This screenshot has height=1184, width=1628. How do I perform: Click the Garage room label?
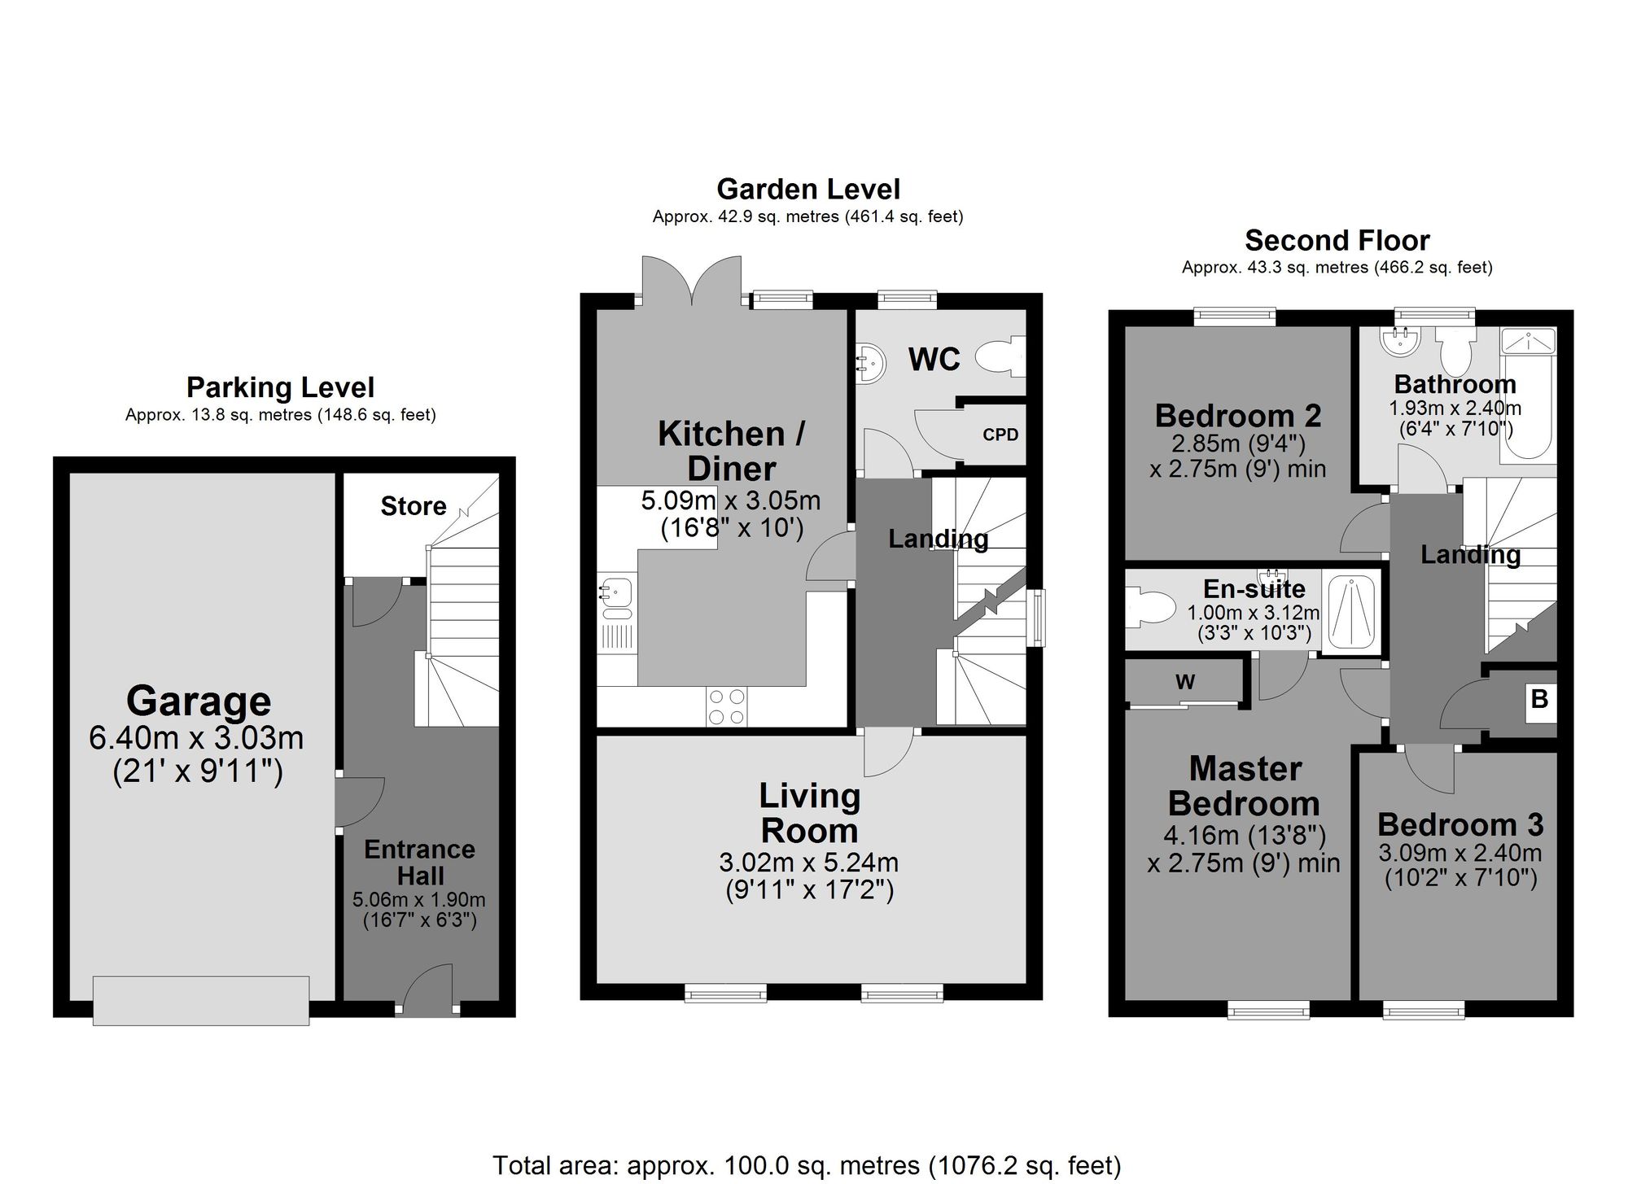click(x=199, y=701)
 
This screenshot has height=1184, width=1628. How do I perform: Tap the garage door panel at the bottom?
click(x=200, y=1000)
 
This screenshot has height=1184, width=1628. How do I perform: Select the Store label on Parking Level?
click(x=414, y=506)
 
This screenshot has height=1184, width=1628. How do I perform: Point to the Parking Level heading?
click(x=280, y=387)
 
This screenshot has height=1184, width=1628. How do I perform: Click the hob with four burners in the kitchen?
click(x=727, y=706)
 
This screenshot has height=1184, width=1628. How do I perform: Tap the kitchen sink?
click(x=615, y=592)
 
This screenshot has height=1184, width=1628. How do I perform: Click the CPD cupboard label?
click(x=1000, y=435)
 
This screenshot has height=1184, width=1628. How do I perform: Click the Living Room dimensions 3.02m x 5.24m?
click(x=808, y=863)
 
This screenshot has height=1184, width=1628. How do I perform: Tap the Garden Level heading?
click(x=808, y=189)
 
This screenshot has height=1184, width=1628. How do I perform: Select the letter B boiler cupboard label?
click(x=1539, y=699)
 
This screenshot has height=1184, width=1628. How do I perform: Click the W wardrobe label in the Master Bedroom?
click(x=1185, y=682)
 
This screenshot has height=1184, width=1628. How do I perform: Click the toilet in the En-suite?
click(x=1152, y=609)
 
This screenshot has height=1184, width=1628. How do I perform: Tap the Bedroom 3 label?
click(x=1460, y=824)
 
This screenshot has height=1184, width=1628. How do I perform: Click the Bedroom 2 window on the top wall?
click(x=1235, y=316)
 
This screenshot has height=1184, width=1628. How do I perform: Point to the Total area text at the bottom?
click(x=807, y=1165)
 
